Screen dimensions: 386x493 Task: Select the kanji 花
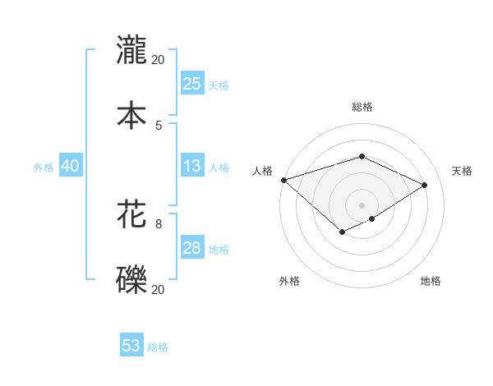tap(131, 215)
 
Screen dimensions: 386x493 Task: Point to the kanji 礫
tap(131, 280)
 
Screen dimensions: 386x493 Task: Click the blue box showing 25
tap(191, 84)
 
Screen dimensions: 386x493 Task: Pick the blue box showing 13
tap(191, 166)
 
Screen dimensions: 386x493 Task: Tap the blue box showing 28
tap(191, 248)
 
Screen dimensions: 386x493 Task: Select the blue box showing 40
tap(70, 166)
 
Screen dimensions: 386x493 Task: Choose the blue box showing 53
tap(131, 346)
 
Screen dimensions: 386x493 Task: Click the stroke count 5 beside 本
tap(159, 125)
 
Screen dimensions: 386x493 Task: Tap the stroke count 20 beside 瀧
tap(159, 59)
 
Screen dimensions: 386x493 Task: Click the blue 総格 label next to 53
tap(158, 347)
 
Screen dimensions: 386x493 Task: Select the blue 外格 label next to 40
tap(44, 168)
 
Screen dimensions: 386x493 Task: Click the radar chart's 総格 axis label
tap(362, 107)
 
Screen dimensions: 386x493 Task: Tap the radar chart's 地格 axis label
tap(431, 282)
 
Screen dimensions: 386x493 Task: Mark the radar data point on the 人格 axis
tap(283, 180)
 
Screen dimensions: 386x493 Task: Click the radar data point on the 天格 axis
tap(424, 185)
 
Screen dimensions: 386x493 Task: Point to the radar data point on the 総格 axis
tap(362, 156)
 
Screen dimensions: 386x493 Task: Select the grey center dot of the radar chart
tap(362, 204)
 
